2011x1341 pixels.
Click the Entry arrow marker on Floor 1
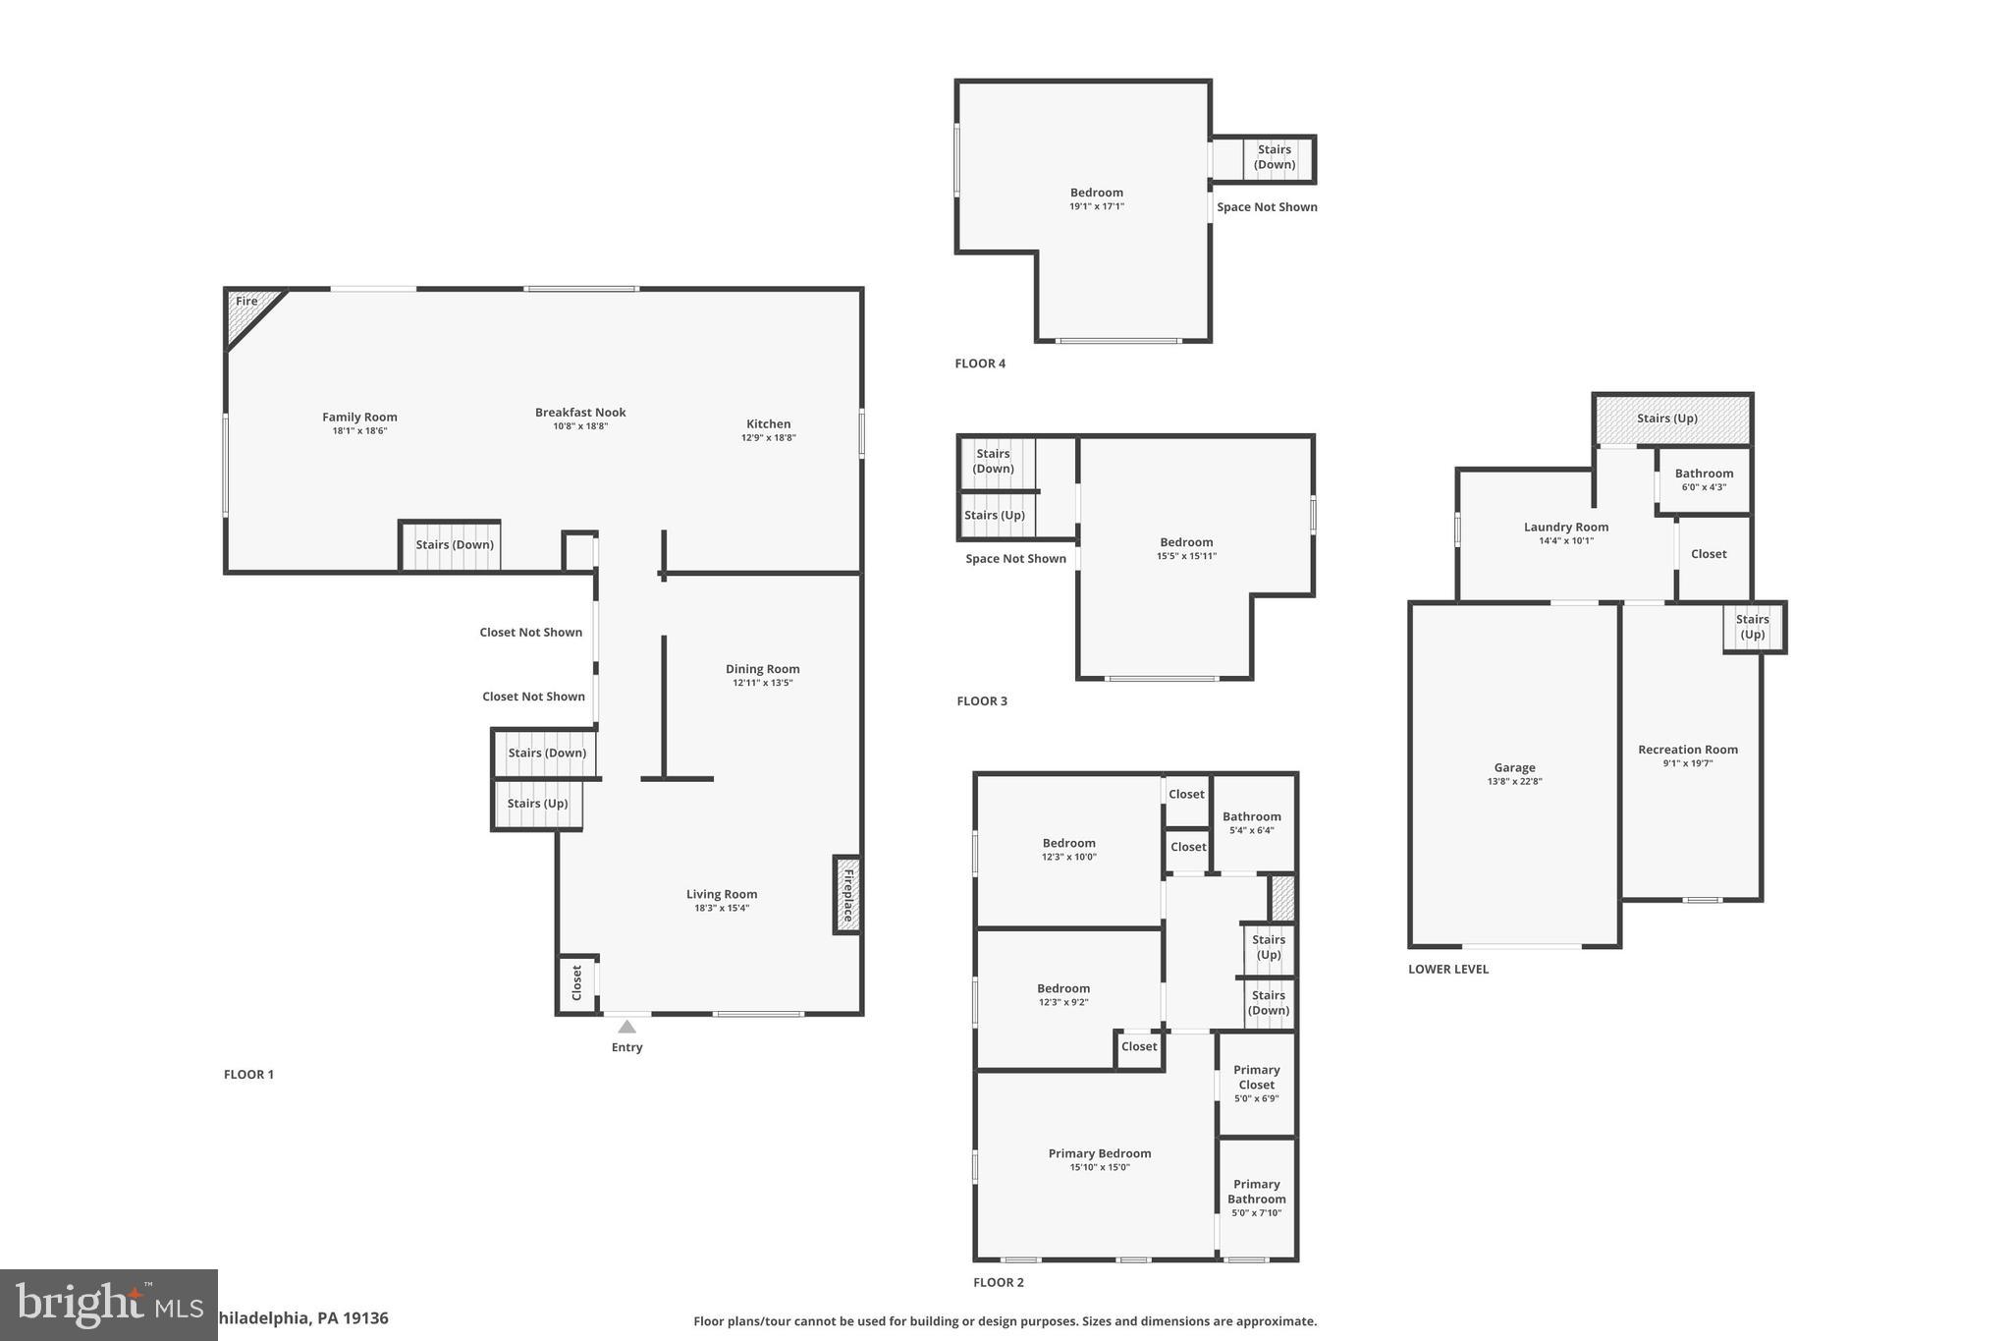coord(626,1027)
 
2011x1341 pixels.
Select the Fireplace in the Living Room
coord(847,894)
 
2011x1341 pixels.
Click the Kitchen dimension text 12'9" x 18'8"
coord(768,438)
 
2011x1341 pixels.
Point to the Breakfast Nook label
coord(580,413)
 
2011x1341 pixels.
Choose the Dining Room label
coord(762,669)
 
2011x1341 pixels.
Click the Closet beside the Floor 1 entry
coord(577,982)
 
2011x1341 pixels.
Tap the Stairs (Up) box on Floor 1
coord(537,804)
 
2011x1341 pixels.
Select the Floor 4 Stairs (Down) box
coord(1275,158)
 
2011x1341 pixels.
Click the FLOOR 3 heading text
coord(982,701)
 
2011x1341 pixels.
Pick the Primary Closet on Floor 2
coord(1257,1084)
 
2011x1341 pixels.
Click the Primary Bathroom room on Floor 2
coord(1257,1198)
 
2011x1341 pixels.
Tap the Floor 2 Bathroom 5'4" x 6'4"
coord(1252,822)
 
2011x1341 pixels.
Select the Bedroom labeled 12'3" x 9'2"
coord(1063,994)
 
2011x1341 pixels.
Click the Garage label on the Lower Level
coord(1514,768)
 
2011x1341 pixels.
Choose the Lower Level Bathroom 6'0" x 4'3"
coord(1704,479)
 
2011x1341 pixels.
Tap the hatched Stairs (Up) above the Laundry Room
coord(1671,419)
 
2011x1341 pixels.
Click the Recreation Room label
coord(1687,750)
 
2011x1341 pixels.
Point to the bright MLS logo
coord(108,1305)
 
